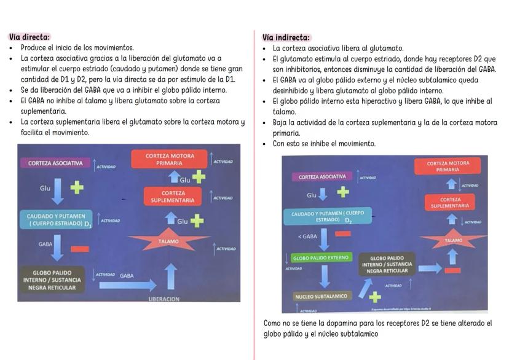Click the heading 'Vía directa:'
[x=30, y=37]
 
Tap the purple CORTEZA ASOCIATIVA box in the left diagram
[x=55, y=163]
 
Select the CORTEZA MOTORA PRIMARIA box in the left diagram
[x=169, y=160]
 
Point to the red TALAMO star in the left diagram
[x=169, y=241]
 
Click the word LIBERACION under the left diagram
[x=164, y=299]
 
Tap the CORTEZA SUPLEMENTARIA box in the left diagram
[x=173, y=197]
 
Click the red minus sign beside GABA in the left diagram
[x=79, y=249]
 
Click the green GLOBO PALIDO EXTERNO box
[x=321, y=258]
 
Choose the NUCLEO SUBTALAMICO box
[x=320, y=296]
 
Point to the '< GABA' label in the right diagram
[x=307, y=237]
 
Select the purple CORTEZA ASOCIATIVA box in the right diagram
[x=322, y=177]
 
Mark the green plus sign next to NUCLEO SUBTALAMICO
[x=374, y=297]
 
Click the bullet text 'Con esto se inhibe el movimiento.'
[x=324, y=144]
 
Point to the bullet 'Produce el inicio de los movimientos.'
[x=77, y=47]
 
